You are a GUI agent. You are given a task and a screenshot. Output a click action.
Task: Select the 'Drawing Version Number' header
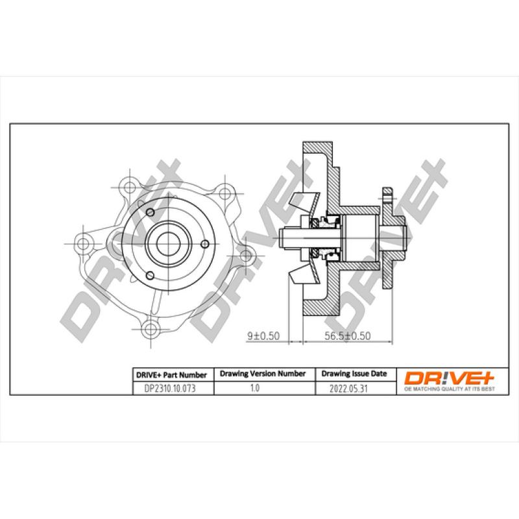(263, 374)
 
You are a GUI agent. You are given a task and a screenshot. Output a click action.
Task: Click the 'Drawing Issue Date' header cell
(354, 374)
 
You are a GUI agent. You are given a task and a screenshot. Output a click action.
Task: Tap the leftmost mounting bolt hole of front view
(83, 243)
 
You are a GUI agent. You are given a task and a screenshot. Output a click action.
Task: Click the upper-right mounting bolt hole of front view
(225, 192)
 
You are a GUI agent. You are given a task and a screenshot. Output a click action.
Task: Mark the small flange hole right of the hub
(204, 244)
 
